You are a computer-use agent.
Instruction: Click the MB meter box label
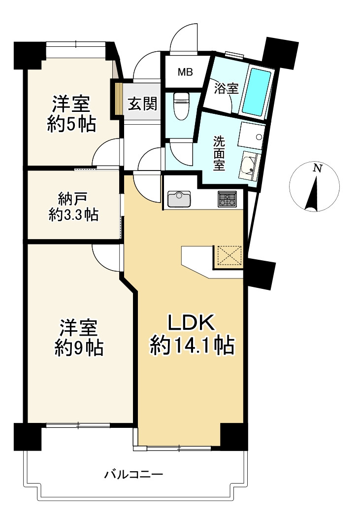185,71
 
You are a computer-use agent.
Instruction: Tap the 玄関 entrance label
142,104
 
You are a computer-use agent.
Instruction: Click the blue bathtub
256,92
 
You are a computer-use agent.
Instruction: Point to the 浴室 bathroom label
227,88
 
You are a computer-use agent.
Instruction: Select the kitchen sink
179,199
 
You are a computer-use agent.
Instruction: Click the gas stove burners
228,199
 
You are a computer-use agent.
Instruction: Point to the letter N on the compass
318,168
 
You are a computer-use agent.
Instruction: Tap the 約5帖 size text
71,124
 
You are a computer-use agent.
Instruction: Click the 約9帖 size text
79,349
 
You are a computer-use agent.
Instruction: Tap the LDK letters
191,323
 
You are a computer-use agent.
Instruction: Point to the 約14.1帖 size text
193,345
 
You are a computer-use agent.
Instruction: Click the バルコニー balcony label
134,474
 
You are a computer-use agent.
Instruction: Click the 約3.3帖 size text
73,215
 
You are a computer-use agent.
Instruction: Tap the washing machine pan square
252,136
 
